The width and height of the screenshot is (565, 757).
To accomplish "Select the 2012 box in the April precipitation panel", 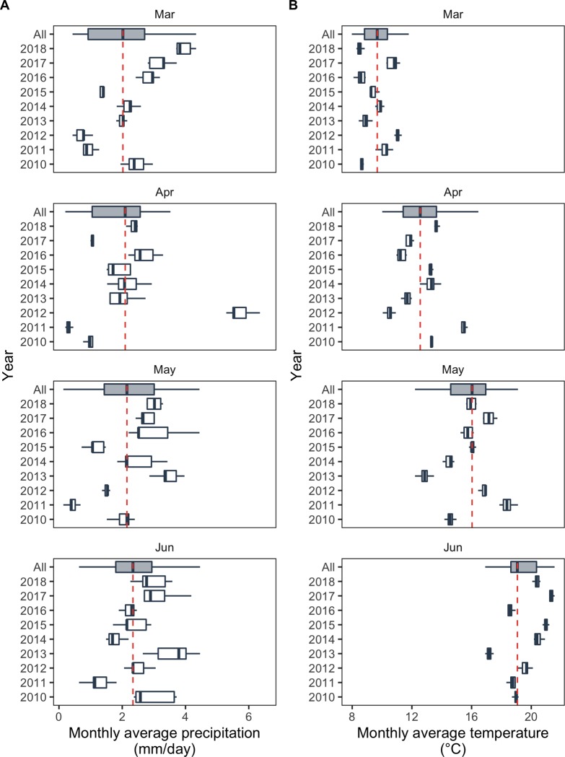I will coord(240,312).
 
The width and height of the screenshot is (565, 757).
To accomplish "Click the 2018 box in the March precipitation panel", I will coord(184,48).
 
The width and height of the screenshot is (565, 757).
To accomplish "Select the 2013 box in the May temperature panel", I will coord(424,476).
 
